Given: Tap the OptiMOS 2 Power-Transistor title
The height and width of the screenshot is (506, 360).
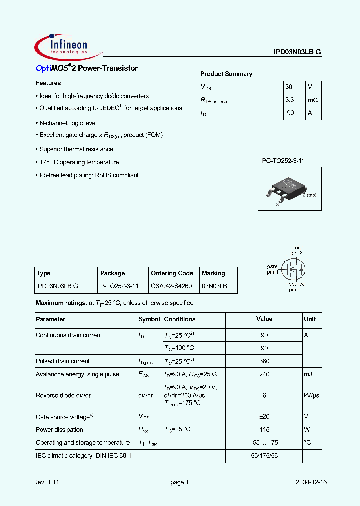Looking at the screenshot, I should tap(87, 68).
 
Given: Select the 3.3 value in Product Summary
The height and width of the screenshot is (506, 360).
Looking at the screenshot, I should tap(289, 100).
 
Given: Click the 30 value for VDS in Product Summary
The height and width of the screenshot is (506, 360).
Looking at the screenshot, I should tap(288, 87).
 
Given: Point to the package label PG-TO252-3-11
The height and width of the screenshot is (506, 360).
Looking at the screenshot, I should tap(283, 160).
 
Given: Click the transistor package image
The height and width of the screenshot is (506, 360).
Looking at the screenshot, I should tap(283, 188).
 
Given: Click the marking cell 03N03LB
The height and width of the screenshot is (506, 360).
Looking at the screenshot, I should tap(214, 286).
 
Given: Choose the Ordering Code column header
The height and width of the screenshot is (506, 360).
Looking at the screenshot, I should tap(172, 273).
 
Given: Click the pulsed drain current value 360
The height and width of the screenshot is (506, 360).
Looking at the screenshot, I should tap(264, 361).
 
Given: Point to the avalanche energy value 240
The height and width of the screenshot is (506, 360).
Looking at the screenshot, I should tap(264, 374).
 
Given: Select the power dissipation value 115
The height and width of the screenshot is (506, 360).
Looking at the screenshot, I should tap(264, 430).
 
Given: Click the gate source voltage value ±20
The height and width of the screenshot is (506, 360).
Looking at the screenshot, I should tap(264, 417).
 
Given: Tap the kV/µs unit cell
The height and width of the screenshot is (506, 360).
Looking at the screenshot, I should tap(312, 395).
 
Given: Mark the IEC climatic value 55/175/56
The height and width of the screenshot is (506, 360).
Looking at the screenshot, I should tap(264, 456).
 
